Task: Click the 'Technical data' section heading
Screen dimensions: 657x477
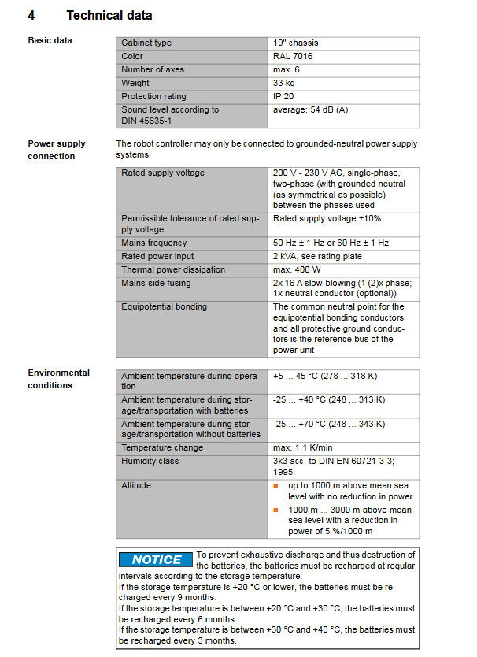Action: [109, 15]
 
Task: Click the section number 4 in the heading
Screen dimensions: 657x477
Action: [31, 15]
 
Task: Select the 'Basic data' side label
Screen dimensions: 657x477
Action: [50, 40]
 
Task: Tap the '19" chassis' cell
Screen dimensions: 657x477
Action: [296, 43]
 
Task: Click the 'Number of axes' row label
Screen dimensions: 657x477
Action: [153, 70]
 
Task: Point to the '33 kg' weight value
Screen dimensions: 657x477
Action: [284, 84]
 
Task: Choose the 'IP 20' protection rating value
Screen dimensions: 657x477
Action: [283, 97]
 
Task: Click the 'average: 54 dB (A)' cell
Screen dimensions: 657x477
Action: [310, 110]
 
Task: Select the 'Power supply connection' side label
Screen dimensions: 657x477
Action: [57, 150]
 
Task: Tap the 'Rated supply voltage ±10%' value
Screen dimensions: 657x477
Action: [327, 218]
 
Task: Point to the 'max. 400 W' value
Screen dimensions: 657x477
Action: [298, 270]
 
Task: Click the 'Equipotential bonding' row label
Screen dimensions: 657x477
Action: [165, 307]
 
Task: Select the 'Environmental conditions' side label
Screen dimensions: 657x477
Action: [59, 379]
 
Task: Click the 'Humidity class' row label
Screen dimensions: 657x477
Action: [150, 462]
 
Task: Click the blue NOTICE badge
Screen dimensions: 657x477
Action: [156, 560]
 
